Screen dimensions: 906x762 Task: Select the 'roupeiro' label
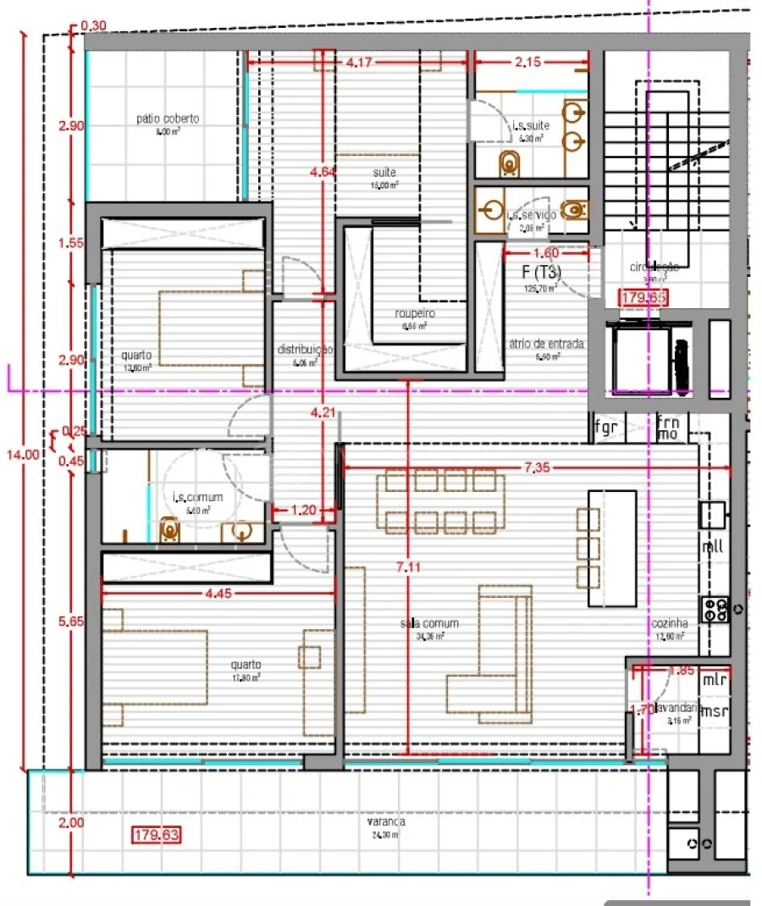415,312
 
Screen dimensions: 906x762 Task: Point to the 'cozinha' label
668,624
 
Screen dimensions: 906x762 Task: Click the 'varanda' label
385,821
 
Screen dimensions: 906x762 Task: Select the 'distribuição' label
305,349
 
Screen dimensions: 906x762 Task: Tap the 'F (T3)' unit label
543,273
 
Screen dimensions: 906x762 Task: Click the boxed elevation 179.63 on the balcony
157,836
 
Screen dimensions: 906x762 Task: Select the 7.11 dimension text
408,567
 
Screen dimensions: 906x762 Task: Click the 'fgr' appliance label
606,427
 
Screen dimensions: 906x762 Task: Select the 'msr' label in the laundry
715,711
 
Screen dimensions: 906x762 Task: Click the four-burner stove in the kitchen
715,610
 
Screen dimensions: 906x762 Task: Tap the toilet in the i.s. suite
510,162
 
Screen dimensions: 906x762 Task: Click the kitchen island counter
613,548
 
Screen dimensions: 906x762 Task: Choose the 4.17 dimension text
362,62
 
